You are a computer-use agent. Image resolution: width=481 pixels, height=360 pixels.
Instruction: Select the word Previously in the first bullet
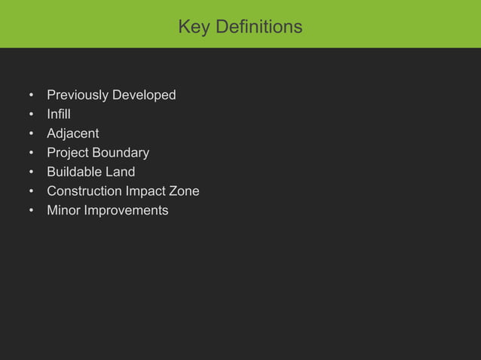pos(78,96)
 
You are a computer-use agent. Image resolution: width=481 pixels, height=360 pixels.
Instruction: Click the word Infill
pos(59,114)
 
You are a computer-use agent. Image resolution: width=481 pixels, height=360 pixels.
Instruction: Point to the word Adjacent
pos(72,134)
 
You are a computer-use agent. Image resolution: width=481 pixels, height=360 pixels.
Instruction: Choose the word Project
pos(67,154)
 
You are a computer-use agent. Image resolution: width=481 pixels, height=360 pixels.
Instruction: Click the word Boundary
pos(120,153)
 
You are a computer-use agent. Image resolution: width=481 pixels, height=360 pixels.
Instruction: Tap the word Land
pos(120,172)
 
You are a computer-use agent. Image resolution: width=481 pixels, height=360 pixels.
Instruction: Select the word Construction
pos(86,191)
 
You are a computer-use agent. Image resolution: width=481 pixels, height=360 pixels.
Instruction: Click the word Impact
pos(150,191)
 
